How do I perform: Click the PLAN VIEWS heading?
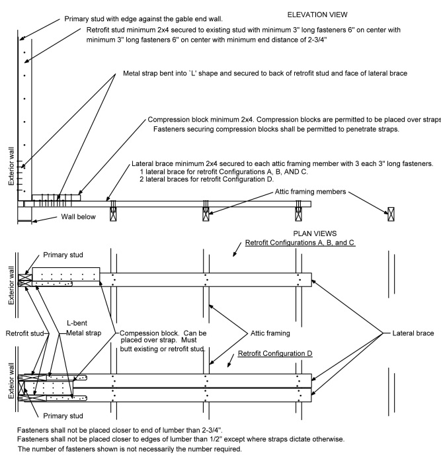click(315, 233)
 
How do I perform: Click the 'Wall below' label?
click(61, 220)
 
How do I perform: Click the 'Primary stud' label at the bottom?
click(63, 416)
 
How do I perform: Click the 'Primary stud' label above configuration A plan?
click(63, 254)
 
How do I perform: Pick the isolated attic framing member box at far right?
click(391, 214)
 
